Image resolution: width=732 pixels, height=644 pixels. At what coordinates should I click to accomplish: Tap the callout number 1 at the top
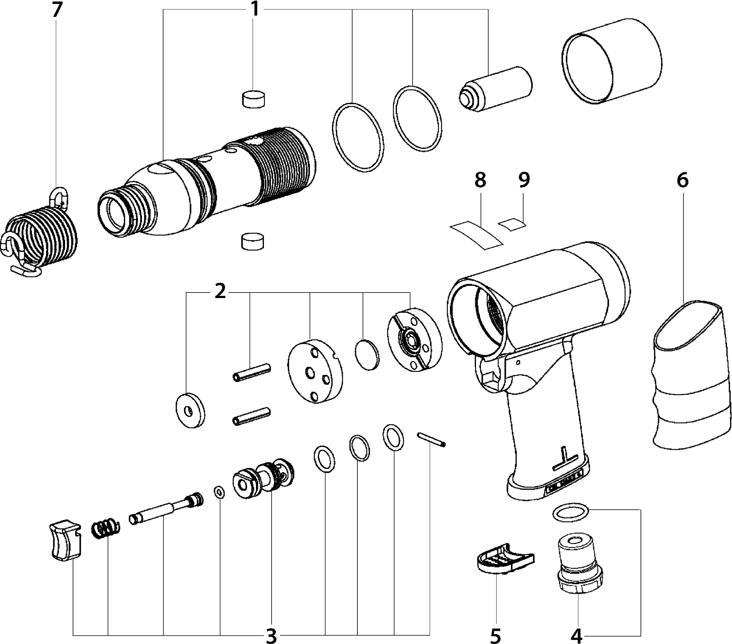pyautogui.click(x=254, y=9)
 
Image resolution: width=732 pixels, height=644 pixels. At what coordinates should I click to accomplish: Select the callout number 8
pyautogui.click(x=480, y=180)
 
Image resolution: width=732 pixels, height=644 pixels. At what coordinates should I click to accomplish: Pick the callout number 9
pyautogui.click(x=524, y=180)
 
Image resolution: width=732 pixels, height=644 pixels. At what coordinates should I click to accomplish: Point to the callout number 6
pyautogui.click(x=682, y=180)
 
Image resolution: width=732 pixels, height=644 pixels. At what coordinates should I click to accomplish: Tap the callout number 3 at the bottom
pyautogui.click(x=272, y=635)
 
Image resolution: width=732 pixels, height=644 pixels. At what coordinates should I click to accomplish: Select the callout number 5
pyautogui.click(x=495, y=635)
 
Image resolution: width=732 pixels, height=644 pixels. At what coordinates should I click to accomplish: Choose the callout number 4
pyautogui.click(x=576, y=635)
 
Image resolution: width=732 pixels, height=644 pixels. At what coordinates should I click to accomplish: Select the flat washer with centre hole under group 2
pyautogui.click(x=191, y=411)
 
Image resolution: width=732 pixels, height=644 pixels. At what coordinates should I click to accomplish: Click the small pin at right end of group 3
pyautogui.click(x=431, y=440)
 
